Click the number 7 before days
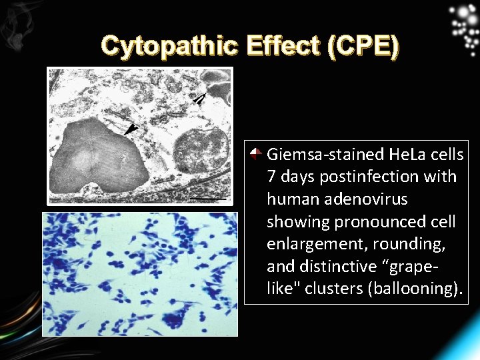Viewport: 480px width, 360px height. point(271,177)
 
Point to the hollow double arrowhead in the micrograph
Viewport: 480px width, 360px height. point(199,99)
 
